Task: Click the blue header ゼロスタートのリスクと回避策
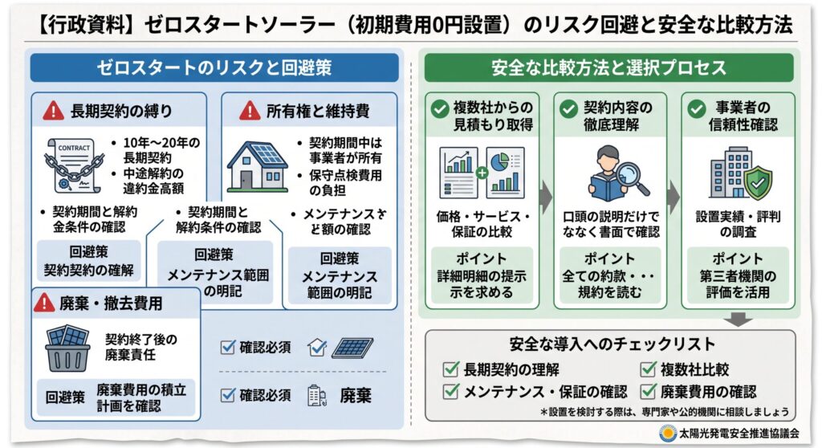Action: pos(214,67)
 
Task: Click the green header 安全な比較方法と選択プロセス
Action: pos(608,67)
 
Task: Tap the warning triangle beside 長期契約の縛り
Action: pos(53,111)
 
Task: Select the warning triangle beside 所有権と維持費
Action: pos(250,111)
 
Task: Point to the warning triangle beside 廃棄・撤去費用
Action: pos(45,303)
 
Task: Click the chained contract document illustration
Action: pos(73,165)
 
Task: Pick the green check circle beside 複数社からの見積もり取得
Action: pos(439,109)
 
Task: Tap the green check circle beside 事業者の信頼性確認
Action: pos(696,109)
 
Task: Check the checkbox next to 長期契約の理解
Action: pos(451,369)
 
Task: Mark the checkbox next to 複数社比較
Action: pos(648,369)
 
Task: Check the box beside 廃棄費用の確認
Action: pos(648,391)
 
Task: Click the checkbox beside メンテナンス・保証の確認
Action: pos(451,391)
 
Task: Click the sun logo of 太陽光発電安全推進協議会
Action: pos(667,434)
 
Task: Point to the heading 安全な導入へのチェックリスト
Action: pos(612,344)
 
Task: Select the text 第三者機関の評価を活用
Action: pos(738,283)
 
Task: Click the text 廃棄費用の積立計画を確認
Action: pos(141,397)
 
